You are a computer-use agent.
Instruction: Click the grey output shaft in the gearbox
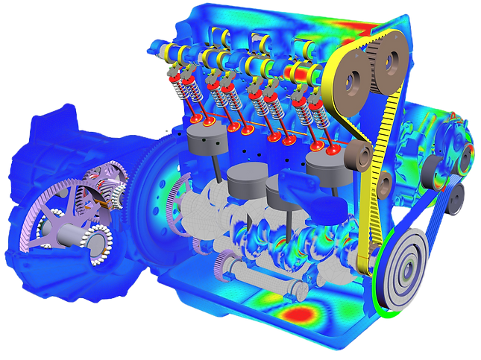pos(75,237)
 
